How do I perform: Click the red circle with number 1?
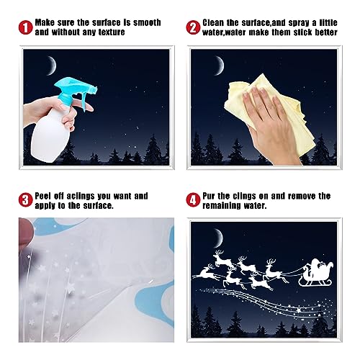pyautogui.click(x=26, y=28)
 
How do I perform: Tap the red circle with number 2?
pyautogui.click(x=193, y=28)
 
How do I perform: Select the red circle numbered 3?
pyautogui.click(x=26, y=199)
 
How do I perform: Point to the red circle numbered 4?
pyautogui.click(x=193, y=199)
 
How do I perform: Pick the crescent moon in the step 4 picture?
pyautogui.click(x=217, y=235)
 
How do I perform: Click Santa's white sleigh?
pyautogui.click(x=313, y=274)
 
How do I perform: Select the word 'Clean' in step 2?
pyautogui.click(x=215, y=23)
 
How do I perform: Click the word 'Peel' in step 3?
pyautogui.click(x=48, y=195)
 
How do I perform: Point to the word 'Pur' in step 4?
pyautogui.click(x=212, y=195)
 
